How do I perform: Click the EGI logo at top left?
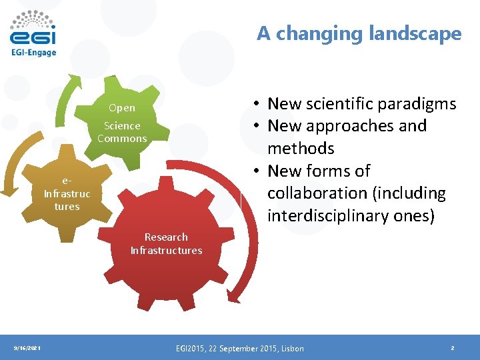33,28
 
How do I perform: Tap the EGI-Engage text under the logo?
33,52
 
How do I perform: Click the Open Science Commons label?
122,123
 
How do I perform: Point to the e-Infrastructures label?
67,193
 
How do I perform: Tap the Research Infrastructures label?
166,244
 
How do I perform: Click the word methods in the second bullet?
301,148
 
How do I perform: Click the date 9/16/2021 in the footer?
27,348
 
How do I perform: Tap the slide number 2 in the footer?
452,348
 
